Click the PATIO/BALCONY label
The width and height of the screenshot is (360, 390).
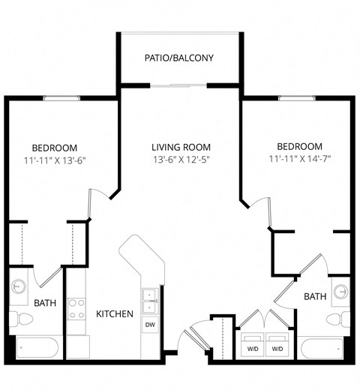tap(179, 58)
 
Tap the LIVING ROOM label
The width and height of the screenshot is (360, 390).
tap(181, 147)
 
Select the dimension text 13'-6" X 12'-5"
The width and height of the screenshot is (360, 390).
tap(181, 159)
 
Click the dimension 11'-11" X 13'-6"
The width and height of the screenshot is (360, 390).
tap(55, 159)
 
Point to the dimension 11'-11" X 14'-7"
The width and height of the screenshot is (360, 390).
tap(299, 158)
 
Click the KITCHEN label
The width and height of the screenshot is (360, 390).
tap(115, 313)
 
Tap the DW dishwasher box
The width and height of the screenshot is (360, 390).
tap(149, 325)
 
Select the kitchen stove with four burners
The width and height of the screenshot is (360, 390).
tap(76, 309)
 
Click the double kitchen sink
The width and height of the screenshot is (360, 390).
tap(149, 300)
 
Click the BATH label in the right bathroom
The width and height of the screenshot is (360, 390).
tap(315, 297)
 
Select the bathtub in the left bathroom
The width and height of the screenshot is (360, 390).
tap(37, 348)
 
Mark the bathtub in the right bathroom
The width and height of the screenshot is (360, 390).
tap(322, 349)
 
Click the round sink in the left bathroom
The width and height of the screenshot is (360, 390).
tap(19, 286)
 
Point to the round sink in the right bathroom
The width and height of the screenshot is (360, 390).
tap(341, 290)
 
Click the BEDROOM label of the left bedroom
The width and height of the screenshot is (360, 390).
tap(55, 148)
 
